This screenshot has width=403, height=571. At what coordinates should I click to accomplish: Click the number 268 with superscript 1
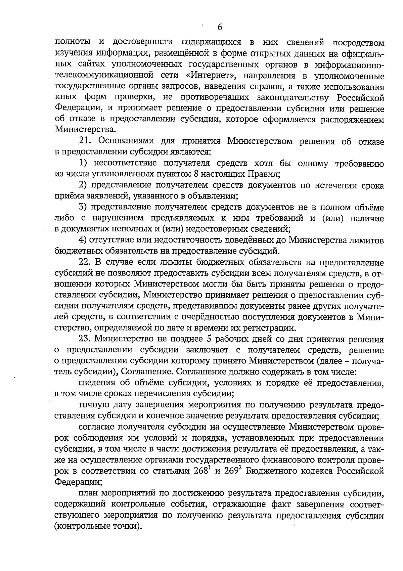[x=202, y=471]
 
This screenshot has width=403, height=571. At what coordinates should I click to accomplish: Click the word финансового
[x=296, y=460]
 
